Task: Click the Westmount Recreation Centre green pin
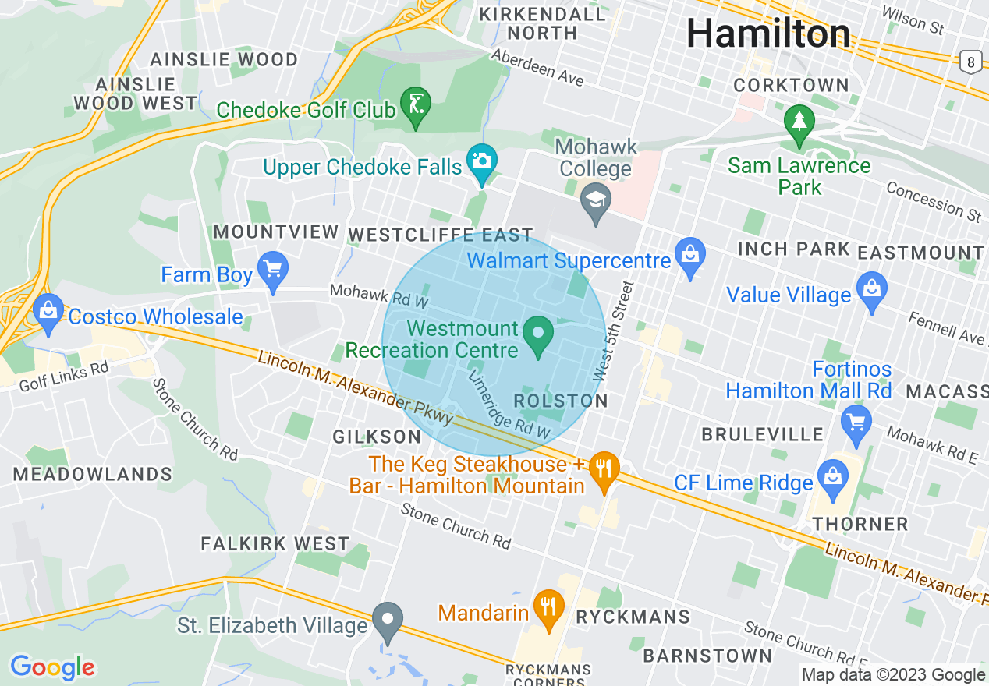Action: [537, 334]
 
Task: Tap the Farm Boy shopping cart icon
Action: [273, 271]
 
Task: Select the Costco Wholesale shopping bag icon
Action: [48, 313]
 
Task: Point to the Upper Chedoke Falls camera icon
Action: [481, 162]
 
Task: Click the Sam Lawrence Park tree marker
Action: [799, 123]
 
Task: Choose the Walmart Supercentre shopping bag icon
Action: [689, 256]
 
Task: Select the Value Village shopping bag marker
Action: [871, 291]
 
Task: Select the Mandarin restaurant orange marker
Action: [548, 607]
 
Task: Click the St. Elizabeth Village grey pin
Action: [388, 621]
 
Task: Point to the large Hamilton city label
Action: [768, 34]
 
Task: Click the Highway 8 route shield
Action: [970, 62]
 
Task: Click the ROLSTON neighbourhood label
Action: [561, 401]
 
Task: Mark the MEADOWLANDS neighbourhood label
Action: [93, 474]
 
